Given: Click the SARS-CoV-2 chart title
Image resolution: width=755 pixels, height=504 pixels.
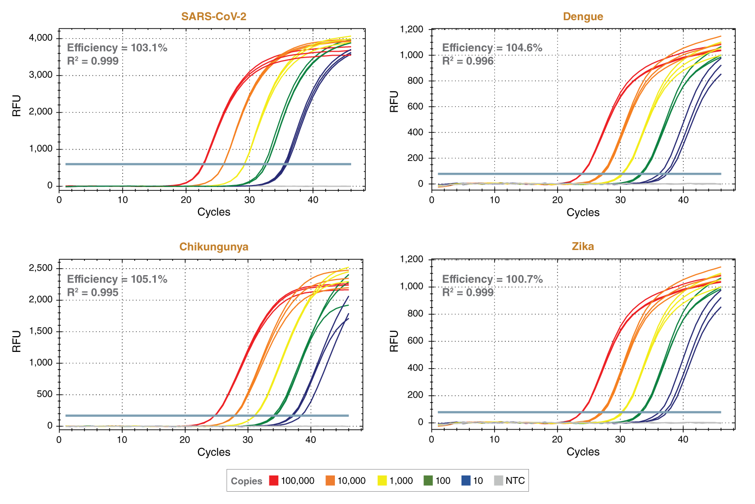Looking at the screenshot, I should click(214, 16).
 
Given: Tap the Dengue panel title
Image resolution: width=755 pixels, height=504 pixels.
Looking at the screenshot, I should click(583, 16).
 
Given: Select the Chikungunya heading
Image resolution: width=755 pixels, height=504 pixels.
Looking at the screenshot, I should click(214, 247).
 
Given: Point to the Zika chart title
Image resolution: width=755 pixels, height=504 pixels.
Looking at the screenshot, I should click(583, 246).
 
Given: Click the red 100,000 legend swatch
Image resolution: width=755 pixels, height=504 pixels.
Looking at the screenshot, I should click(274, 481).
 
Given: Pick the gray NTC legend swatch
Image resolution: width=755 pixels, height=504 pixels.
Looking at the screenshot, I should click(498, 481).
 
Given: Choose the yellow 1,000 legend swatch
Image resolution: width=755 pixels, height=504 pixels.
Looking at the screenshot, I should click(382, 481).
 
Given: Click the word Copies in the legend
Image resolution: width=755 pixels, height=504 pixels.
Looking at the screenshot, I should click(246, 481).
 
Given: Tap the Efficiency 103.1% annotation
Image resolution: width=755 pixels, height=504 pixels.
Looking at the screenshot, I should click(117, 48).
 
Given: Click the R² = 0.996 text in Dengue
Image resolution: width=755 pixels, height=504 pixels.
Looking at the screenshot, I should click(467, 61).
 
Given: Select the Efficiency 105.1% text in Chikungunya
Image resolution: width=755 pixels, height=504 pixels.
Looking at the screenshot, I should click(117, 279).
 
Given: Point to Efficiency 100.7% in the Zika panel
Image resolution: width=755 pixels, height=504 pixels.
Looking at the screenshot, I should click(492, 279).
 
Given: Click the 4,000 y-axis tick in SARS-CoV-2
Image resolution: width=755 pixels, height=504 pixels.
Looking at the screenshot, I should click(40, 38).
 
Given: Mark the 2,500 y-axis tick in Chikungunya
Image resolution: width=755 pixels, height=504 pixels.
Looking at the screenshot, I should click(40, 268).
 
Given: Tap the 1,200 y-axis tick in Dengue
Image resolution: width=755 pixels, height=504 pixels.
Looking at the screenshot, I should click(411, 30).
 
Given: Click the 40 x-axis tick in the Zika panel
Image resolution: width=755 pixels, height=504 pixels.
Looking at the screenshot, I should click(683, 439).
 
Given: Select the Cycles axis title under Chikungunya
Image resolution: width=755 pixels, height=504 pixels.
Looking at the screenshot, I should click(214, 452).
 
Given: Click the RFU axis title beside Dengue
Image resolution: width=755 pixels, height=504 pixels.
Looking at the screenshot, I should click(394, 101).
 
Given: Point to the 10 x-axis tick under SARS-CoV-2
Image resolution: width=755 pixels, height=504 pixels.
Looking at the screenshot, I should click(123, 199).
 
